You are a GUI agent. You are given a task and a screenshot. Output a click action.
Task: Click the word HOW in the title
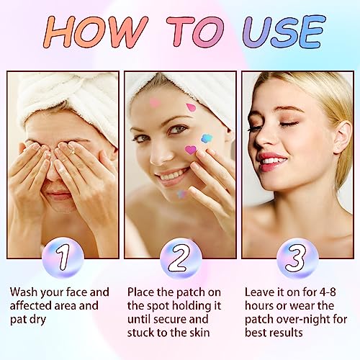[95, 31]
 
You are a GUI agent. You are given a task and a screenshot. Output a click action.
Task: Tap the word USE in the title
[284, 31]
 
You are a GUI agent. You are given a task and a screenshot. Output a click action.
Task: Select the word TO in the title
[195, 31]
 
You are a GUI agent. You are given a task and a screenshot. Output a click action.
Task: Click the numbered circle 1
[63, 258]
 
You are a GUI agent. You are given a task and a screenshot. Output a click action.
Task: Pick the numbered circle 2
[181, 258]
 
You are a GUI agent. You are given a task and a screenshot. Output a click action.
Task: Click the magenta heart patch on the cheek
[191, 150]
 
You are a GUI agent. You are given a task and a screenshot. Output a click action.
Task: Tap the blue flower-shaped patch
[207, 139]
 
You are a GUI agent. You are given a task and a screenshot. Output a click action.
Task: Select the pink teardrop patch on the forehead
[191, 108]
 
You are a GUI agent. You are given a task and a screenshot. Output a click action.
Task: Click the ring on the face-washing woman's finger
[73, 150]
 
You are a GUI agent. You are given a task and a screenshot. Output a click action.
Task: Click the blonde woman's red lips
[274, 161]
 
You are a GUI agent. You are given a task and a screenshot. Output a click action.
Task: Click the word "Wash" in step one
[24, 292]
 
